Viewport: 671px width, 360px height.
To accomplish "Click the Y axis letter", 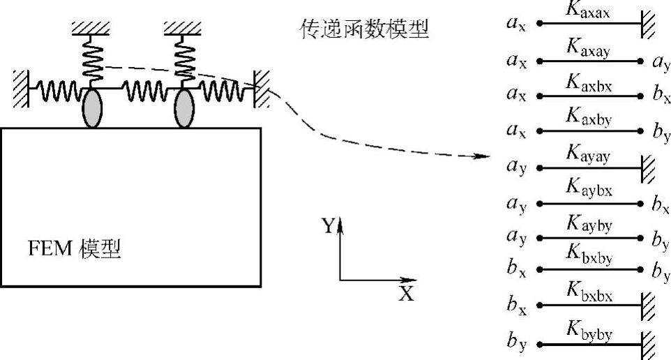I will [x=327, y=225].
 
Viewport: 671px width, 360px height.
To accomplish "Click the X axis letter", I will [x=406, y=294].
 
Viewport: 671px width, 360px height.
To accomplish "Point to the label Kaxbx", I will [x=590, y=84].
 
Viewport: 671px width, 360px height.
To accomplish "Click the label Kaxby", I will [x=590, y=120].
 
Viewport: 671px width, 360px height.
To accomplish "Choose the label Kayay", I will [x=590, y=156].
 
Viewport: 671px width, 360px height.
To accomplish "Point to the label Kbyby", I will [x=590, y=333].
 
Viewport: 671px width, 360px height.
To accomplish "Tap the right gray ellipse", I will [x=184, y=110].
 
